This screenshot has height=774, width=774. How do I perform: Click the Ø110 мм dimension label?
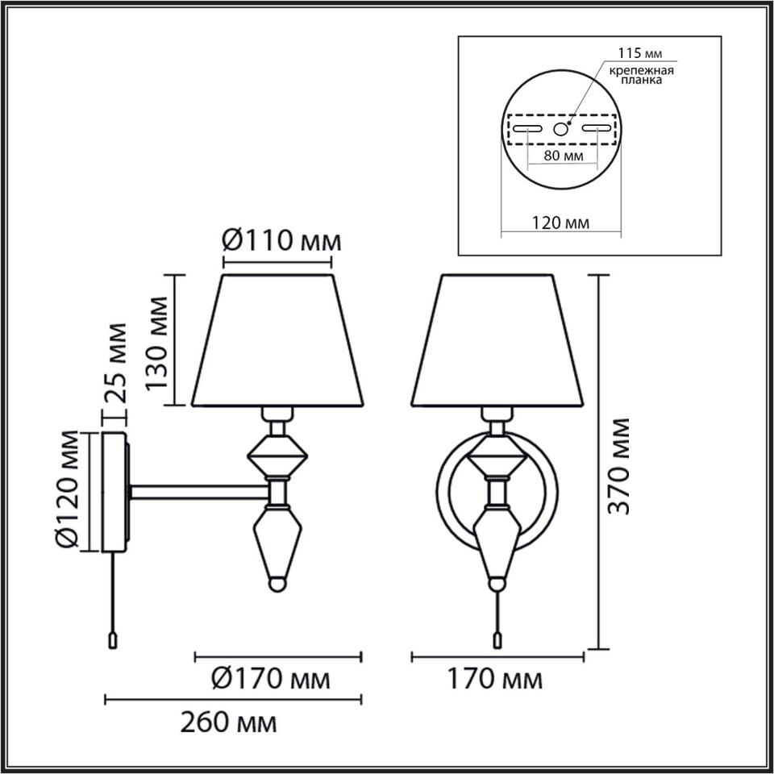[281, 242]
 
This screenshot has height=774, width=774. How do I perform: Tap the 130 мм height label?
[158, 343]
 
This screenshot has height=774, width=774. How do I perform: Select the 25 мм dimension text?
[115, 362]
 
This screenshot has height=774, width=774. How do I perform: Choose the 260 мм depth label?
[228, 724]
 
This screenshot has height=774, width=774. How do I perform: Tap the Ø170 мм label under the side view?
[271, 679]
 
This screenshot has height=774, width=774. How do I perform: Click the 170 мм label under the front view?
[494, 679]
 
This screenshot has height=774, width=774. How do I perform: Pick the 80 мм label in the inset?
[564, 156]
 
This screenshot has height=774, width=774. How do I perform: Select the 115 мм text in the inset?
[639, 53]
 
